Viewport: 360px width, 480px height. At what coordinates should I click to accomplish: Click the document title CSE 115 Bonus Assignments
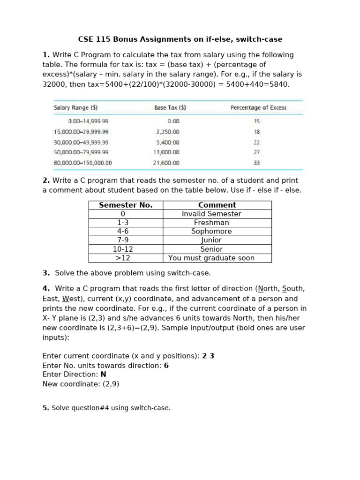pos(180,39)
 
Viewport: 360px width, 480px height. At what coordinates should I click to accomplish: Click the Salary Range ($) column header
pos(75,108)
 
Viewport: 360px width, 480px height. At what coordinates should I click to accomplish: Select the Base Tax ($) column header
pos(170,108)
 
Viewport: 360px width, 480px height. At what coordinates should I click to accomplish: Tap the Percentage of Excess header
pos(258,108)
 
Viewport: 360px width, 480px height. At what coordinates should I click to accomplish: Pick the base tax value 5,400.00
pos(168,142)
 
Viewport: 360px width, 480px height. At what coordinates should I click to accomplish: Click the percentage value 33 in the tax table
pos(256,163)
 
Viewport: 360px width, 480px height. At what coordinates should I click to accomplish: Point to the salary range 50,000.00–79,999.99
pos(81,152)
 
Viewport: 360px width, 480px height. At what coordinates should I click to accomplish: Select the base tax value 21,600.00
pos(166,163)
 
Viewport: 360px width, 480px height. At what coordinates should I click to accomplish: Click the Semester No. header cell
pos(126,205)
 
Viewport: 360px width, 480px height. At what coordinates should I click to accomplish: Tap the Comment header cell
pos(217,205)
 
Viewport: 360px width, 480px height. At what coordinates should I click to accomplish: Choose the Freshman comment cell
pos(211,223)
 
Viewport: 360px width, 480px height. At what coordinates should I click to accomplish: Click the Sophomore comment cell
pos(211,232)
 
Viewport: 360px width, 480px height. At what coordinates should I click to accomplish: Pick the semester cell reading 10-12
pos(123,249)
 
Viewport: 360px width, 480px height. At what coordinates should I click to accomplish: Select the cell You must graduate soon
pos(211,258)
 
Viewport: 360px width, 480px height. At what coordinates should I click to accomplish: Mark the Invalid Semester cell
pos(211,214)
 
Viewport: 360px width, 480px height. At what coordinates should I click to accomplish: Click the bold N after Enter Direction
pos(103,375)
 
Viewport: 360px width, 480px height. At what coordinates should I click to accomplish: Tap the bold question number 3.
pos(46,273)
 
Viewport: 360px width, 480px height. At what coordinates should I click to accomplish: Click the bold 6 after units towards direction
pos(166,366)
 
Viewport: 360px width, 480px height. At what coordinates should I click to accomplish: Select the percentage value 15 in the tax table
pos(256,121)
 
